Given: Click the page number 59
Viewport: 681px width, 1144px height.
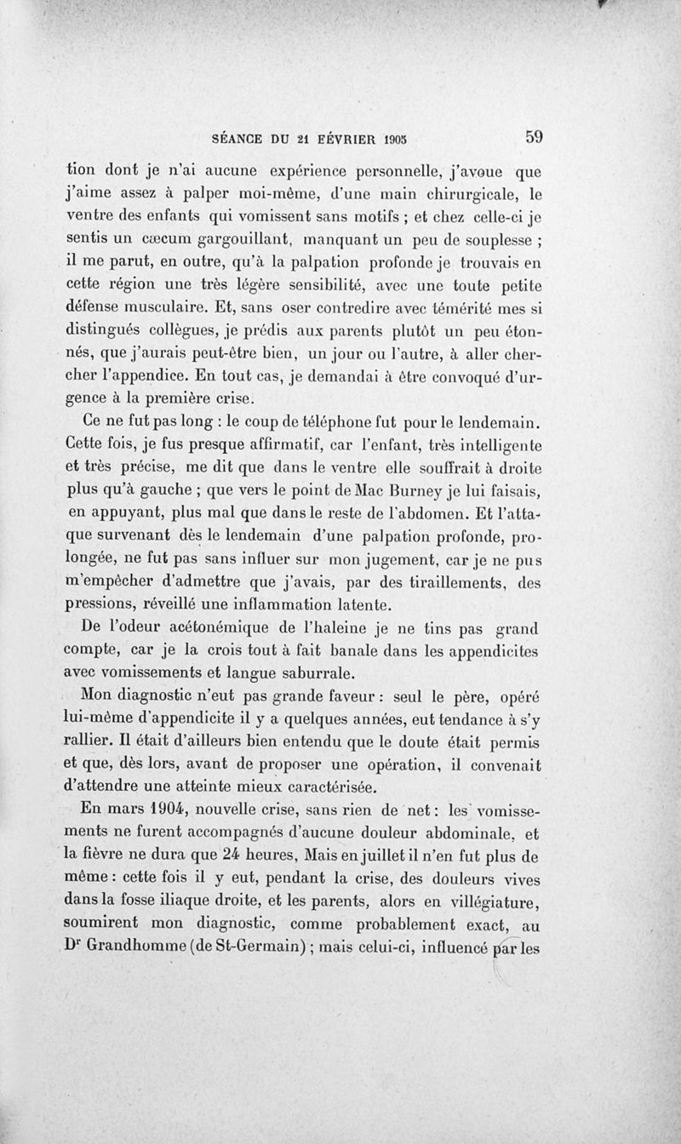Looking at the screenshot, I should click(x=535, y=136).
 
